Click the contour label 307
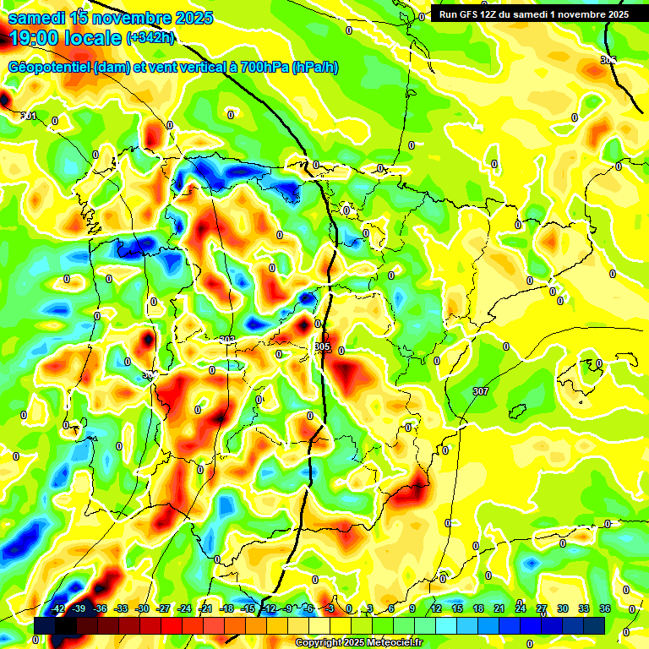pos(481,391)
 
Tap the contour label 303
pos(226,340)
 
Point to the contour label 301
pos(29,116)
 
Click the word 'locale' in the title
pos(91,38)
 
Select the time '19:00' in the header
pos(32,38)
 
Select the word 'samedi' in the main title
pos(35,17)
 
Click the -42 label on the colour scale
pos(58,608)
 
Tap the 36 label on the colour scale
pos(605,608)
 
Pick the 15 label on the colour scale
pos(456,608)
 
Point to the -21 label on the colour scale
pos(205,608)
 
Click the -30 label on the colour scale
pos(142,608)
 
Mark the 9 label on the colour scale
pos(412,608)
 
